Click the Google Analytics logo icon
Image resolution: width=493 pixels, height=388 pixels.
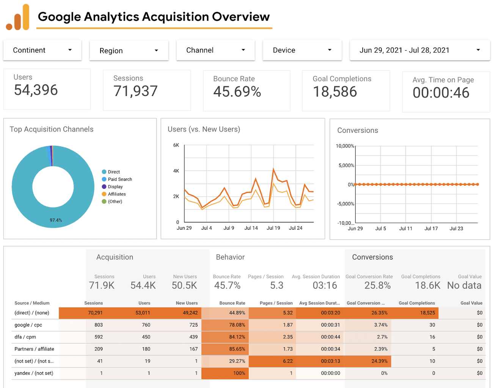point(18,17)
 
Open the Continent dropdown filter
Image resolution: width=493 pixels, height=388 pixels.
point(42,50)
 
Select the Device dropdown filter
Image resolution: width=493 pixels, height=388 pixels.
point(302,50)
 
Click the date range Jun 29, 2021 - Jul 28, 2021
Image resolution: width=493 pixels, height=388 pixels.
point(404,50)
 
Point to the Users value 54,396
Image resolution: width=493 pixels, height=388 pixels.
point(36,90)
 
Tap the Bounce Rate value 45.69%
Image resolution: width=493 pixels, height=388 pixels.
point(237,92)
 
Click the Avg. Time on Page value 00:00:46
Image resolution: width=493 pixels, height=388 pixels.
point(441,93)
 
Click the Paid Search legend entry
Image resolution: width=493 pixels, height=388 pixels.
point(117,179)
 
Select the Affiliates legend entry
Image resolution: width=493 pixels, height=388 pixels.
point(114,194)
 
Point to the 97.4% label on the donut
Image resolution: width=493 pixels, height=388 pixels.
point(56,220)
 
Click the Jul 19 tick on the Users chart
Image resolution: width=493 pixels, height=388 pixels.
point(273,228)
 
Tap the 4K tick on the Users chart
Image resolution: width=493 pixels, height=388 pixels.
point(176,171)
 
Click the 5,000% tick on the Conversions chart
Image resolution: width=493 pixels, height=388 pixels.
point(346,165)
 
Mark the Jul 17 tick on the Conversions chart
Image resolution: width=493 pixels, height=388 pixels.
point(431,228)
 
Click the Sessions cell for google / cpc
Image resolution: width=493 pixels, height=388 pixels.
point(99,325)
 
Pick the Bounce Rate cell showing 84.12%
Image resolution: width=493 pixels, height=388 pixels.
point(237,337)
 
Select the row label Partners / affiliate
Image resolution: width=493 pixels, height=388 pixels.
point(35,349)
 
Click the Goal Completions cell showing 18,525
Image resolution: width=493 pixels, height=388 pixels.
point(427,313)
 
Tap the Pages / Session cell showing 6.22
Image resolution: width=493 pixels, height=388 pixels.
point(288,361)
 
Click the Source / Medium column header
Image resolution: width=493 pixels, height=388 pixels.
point(32,303)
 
